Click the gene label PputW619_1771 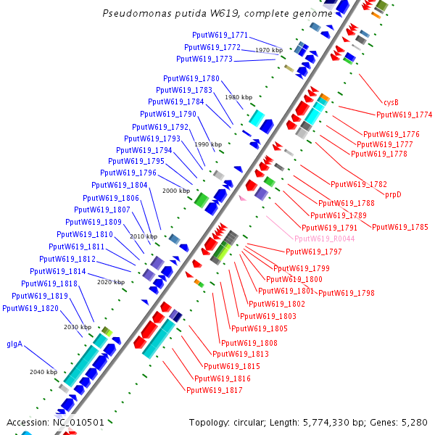[x=220, y=35]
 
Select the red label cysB [x=391, y=102]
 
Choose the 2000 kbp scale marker [x=175, y=191]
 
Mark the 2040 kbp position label [x=43, y=372]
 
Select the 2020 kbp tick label [x=111, y=281]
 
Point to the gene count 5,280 [x=415, y=422]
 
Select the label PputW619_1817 [x=214, y=390]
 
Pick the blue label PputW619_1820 [x=30, y=308]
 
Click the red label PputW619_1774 [x=404, y=115]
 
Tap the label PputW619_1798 [x=346, y=293]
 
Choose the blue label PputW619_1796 [x=128, y=173]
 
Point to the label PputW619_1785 [x=399, y=227]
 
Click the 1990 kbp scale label [x=207, y=144]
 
